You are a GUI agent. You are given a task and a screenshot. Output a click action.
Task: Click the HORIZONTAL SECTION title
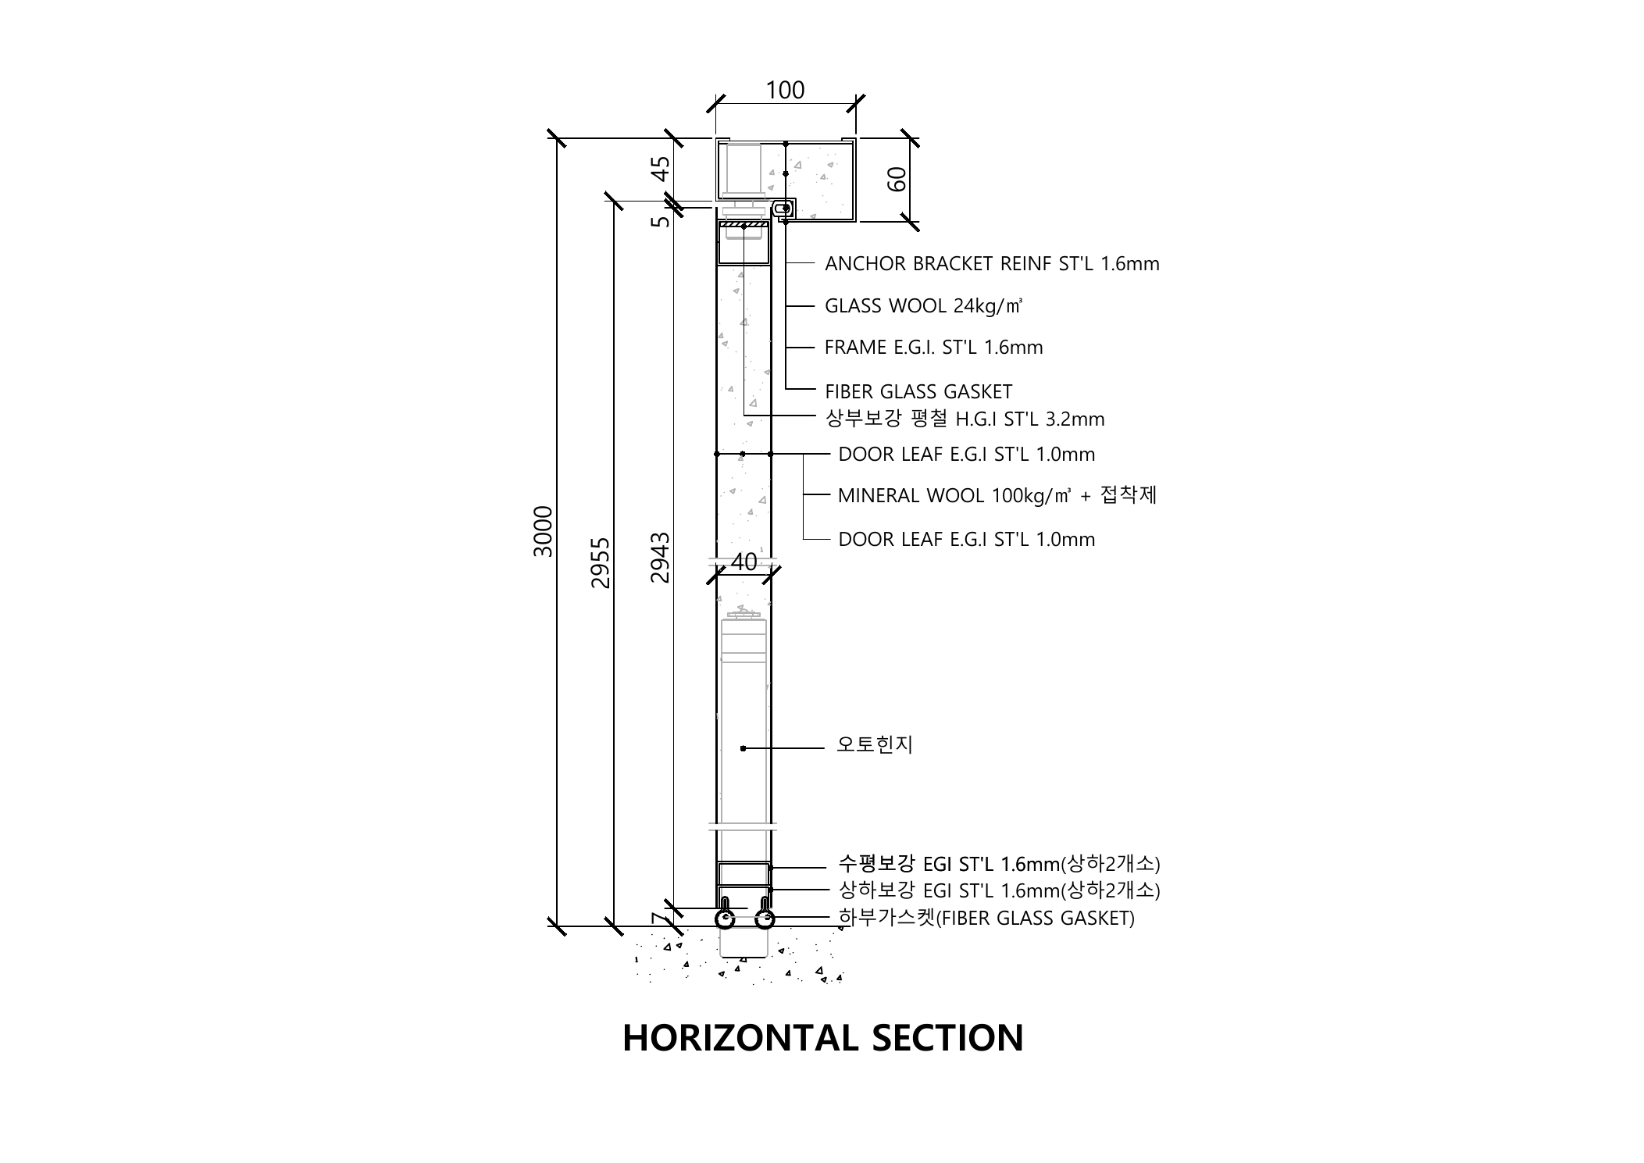tap(822, 1038)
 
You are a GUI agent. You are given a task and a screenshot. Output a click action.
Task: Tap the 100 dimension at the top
tap(785, 91)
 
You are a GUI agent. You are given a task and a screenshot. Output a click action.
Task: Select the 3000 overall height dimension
tap(543, 531)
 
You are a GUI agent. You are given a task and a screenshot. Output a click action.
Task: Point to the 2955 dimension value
tap(600, 562)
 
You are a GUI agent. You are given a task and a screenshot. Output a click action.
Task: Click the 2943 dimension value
tap(661, 558)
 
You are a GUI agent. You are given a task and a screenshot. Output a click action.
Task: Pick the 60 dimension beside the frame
tap(897, 179)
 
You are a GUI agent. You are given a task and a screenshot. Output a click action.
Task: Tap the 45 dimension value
tap(661, 169)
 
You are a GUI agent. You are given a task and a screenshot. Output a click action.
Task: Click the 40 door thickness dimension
tap(744, 562)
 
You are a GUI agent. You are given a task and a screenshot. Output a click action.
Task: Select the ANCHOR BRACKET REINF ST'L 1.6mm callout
tap(992, 264)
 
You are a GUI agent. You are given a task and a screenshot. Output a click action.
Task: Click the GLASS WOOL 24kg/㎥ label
tap(923, 306)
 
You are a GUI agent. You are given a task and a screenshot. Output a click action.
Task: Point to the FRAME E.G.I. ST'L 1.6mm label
tap(933, 348)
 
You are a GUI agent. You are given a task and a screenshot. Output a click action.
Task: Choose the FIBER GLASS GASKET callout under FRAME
tap(918, 391)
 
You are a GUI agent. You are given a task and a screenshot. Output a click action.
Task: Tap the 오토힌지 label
tap(875, 744)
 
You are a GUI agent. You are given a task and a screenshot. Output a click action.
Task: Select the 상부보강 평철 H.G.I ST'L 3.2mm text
tap(965, 419)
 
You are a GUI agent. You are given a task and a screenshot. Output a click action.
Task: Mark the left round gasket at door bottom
tap(726, 920)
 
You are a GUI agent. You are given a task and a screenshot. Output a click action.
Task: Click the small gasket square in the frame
tap(783, 209)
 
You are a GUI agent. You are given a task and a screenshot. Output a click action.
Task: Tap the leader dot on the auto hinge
tap(743, 748)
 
